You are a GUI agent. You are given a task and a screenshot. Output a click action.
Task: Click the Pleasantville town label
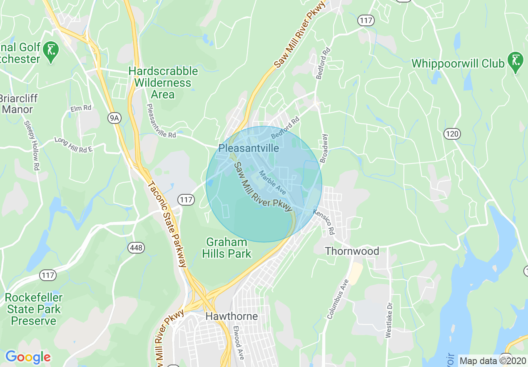coord(249,148)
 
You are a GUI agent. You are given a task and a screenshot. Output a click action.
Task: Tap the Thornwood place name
coord(352,251)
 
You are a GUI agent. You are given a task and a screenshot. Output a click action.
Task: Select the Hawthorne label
coord(232,317)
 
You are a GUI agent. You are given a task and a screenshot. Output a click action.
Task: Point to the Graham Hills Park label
coord(227,248)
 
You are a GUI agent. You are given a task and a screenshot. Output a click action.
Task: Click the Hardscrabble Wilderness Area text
coord(163,83)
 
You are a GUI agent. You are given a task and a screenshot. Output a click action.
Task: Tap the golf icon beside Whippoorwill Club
coord(516,61)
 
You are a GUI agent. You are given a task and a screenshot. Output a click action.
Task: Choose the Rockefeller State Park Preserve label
coord(34,309)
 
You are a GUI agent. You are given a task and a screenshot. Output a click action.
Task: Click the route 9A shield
coord(114,118)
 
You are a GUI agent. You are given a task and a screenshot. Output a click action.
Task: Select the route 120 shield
coord(452,134)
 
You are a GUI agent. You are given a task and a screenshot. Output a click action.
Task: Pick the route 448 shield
coord(136,248)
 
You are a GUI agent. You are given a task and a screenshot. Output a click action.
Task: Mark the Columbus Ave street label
coord(338,299)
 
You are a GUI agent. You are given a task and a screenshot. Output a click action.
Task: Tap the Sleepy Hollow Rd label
coord(32,146)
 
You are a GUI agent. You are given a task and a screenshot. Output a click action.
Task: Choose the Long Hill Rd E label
coord(73,144)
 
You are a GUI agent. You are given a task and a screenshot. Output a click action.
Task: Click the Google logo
coord(28,357)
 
